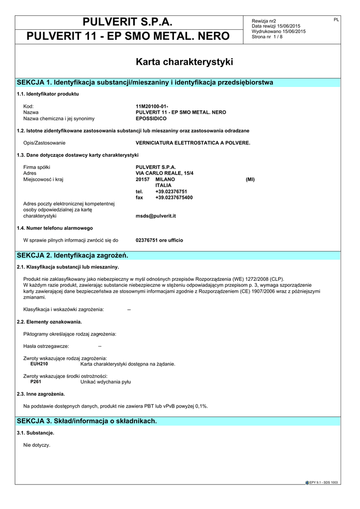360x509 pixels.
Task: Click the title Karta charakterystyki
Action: click(x=184, y=62)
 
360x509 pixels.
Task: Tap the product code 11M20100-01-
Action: click(x=152, y=106)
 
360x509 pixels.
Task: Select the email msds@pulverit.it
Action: click(x=156, y=216)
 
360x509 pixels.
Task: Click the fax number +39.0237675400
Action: click(x=174, y=197)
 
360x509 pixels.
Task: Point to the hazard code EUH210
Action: click(x=39, y=364)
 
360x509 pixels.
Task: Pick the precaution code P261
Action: click(x=36, y=382)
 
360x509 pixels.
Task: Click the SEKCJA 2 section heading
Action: click(x=73, y=255)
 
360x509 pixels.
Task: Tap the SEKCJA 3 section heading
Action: click(x=87, y=421)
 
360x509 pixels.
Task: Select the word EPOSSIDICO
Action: click(x=151, y=118)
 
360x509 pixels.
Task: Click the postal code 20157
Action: click(x=143, y=179)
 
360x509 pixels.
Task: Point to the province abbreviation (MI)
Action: click(x=250, y=179)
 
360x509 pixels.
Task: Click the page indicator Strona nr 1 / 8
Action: click(x=267, y=37)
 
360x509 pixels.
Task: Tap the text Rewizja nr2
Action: click(x=264, y=21)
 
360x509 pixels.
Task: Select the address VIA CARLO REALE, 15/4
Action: click(x=165, y=173)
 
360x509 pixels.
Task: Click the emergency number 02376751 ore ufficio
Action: click(x=159, y=240)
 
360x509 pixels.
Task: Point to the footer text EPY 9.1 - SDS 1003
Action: click(x=323, y=482)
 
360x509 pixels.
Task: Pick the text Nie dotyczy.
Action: click(x=37, y=444)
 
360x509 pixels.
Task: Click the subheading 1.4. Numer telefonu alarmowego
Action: click(x=55, y=228)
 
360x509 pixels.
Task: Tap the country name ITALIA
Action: click(x=163, y=185)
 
